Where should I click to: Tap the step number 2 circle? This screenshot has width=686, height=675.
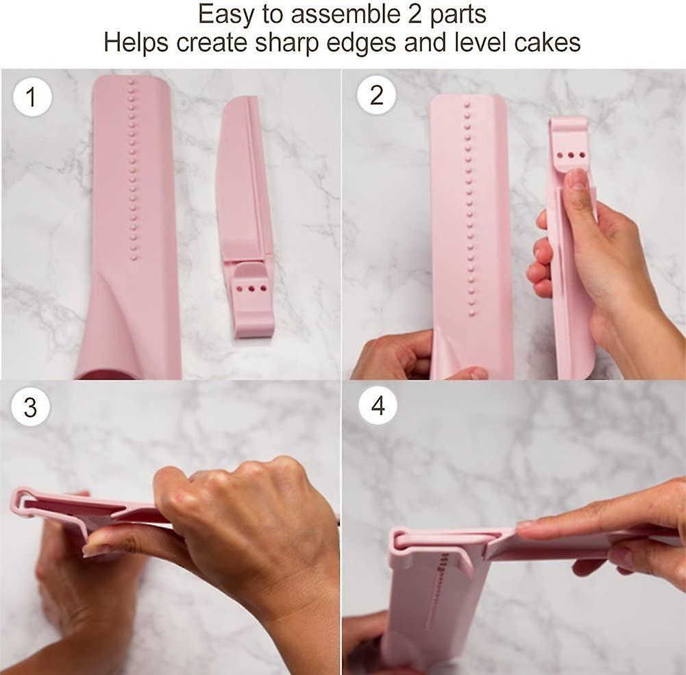click(x=376, y=95)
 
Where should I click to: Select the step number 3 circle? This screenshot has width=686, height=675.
click(x=31, y=407)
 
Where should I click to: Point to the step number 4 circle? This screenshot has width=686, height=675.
click(x=378, y=406)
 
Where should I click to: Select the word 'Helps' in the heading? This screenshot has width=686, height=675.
click(x=136, y=42)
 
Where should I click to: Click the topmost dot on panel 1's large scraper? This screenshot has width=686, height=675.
click(x=130, y=82)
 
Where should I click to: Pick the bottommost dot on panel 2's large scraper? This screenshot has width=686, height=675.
click(x=471, y=313)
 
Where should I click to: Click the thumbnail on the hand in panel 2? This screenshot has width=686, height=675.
click(x=577, y=180)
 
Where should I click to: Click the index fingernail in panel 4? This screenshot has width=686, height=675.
click(x=526, y=524)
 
